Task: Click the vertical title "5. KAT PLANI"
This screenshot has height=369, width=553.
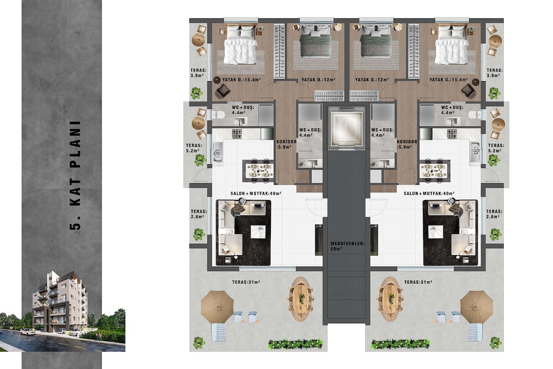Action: [76, 175]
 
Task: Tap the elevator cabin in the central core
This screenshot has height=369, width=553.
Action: [346, 129]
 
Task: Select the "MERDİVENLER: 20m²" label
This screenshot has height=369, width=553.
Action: [347, 246]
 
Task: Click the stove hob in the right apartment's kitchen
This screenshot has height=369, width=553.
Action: [452, 134]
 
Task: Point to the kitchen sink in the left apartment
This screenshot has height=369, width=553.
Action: [218, 152]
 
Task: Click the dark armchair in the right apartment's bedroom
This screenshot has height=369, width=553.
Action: [469, 91]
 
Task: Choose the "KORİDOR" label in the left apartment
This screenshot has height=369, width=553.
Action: [286, 142]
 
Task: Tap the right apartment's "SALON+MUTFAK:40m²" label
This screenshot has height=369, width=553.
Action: [429, 194]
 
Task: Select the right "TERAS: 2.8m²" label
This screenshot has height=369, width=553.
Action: [494, 214]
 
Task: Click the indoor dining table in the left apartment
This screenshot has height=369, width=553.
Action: [258, 171]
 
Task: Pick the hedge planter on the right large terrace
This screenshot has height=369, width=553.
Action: [400, 344]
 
